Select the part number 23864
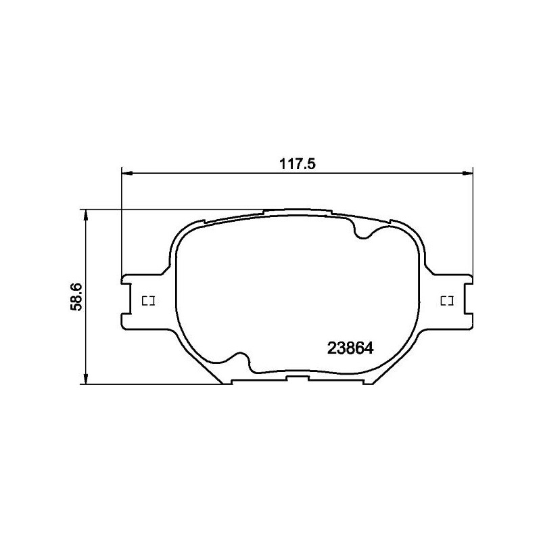tap(350, 348)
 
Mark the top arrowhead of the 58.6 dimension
tap(85, 214)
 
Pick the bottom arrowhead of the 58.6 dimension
tap(85, 380)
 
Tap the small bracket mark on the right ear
tap(446, 300)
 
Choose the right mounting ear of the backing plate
tap(456, 301)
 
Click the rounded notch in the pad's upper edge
tap(365, 233)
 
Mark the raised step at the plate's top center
tap(298, 211)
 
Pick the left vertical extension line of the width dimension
tap(122, 223)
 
